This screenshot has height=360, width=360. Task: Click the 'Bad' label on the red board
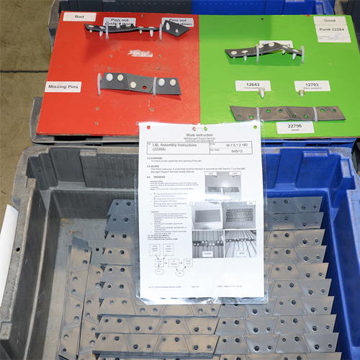78,17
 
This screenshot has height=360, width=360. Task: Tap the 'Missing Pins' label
63,87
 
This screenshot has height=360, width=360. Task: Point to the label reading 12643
252,86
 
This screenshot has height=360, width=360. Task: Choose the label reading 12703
310,86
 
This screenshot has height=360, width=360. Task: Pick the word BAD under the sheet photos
245,253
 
